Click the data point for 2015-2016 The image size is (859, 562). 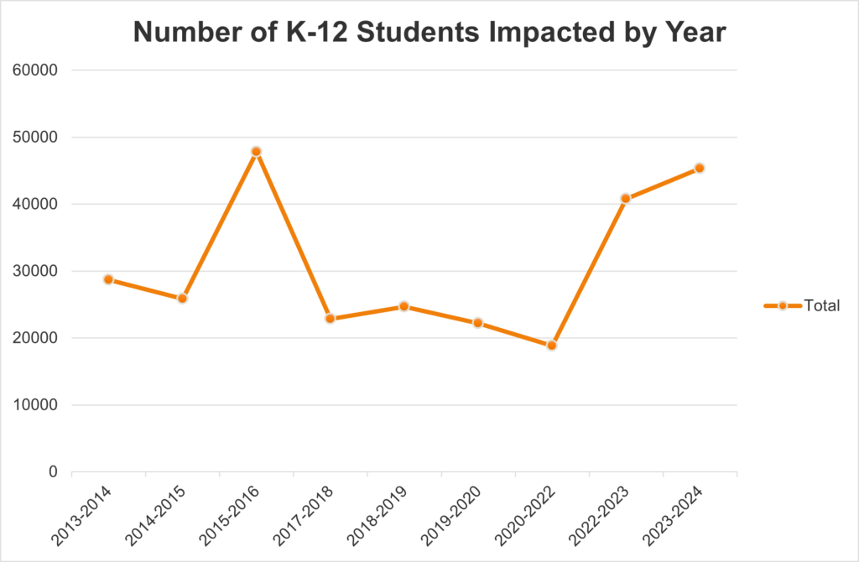(x=257, y=152)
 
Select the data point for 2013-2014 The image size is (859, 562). (x=109, y=279)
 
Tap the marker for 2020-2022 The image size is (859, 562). (x=552, y=346)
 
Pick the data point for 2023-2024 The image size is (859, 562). (x=700, y=168)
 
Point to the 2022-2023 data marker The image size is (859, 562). (x=626, y=199)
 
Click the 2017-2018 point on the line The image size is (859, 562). (x=331, y=319)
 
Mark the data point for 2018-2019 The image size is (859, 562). (x=404, y=306)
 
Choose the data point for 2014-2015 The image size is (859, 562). (x=183, y=299)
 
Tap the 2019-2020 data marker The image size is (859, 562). (x=478, y=323)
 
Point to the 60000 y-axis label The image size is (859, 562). (x=37, y=70)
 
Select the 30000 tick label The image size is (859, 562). (x=37, y=272)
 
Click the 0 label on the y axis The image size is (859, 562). (x=52, y=472)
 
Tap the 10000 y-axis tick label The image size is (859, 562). (x=37, y=405)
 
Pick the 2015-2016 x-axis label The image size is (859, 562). (x=229, y=513)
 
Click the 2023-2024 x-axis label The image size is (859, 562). (x=672, y=513)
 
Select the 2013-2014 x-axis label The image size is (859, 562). (x=81, y=513)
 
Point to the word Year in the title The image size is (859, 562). (x=695, y=34)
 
